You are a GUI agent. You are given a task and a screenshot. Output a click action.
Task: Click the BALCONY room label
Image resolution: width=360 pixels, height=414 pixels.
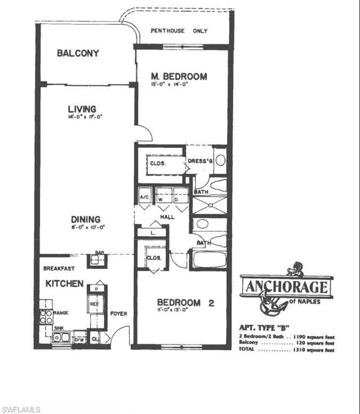coord(78,53)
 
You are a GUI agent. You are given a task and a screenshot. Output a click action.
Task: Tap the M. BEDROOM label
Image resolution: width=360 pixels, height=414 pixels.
coord(178,77)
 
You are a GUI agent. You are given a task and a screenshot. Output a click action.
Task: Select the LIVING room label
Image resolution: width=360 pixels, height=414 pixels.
coord(82,109)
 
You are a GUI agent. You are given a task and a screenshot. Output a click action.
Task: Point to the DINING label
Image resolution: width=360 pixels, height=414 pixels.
coord(86,219)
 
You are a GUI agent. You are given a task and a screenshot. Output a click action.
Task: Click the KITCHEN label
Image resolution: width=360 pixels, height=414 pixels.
coord(64,284)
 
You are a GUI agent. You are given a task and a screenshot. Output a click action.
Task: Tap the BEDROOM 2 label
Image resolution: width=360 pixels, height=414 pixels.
coord(185,303)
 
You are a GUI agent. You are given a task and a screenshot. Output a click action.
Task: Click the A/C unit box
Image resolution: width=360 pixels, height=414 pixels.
coord(144,197)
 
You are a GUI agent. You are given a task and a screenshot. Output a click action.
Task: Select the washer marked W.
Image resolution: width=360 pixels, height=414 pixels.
coord(163,198)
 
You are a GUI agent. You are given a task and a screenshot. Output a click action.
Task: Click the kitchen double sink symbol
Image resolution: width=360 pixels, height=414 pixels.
coord(61,338)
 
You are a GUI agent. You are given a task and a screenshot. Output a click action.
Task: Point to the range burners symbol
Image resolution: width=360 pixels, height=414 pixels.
coord(46,316)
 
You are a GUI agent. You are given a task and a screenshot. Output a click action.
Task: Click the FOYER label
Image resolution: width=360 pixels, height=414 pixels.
coord(119,313)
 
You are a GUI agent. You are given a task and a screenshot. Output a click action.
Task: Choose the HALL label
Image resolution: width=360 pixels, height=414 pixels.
coord(167,216)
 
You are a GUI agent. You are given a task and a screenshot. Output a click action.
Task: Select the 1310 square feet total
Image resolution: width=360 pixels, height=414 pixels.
coord(315,350)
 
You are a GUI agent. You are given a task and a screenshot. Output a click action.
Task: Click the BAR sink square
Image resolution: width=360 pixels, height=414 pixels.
coord(97,260)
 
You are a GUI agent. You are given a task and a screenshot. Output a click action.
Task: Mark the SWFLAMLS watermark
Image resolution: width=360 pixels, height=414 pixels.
coord(21,410)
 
